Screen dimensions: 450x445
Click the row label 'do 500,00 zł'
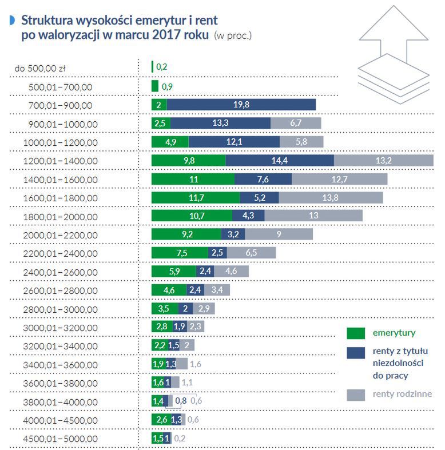(x=40, y=68)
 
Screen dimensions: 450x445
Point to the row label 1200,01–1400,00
(x=60, y=161)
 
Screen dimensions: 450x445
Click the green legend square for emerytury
(x=356, y=333)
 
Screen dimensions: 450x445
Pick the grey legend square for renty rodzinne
(x=356, y=395)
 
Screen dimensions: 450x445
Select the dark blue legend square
(x=356, y=352)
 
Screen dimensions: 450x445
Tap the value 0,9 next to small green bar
(x=167, y=86)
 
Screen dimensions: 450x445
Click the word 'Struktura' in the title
(x=47, y=21)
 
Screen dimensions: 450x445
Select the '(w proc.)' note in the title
(x=232, y=35)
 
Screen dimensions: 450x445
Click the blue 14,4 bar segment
(x=280, y=160)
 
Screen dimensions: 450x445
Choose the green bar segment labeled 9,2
(x=186, y=234)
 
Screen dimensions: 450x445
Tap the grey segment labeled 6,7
(x=296, y=123)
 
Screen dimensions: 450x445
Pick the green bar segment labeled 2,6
(x=161, y=420)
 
